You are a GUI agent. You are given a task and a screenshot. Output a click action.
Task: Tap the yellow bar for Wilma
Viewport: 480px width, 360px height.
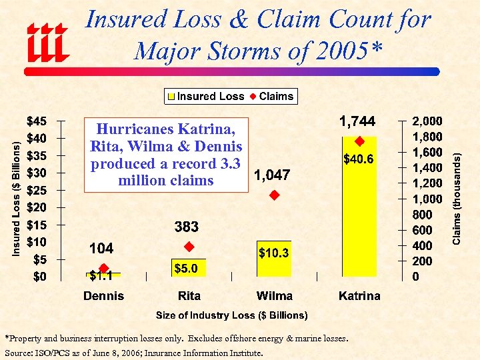click(274, 260)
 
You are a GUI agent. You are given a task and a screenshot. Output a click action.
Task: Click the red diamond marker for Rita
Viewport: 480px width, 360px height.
click(189, 246)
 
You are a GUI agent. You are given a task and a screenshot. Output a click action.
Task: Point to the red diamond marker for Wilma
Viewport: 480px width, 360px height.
click(273, 195)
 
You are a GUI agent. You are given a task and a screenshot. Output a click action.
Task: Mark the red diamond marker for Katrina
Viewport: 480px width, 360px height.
click(359, 141)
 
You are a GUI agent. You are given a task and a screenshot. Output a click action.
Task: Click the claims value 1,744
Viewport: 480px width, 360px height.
click(358, 121)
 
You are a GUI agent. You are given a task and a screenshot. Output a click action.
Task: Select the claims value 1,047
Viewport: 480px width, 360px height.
click(271, 175)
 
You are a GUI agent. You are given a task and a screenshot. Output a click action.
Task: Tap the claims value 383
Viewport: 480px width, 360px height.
click(187, 227)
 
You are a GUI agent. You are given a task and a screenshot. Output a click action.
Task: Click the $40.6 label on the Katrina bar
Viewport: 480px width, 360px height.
click(359, 159)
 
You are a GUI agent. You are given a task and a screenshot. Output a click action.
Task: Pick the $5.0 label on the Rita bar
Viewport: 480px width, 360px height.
click(186, 268)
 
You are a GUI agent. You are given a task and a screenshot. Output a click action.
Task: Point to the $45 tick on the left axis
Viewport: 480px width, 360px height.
click(36, 121)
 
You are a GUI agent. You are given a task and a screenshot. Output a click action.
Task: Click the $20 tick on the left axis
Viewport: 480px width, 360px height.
click(36, 207)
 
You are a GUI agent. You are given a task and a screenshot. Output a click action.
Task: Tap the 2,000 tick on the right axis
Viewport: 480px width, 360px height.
click(427, 121)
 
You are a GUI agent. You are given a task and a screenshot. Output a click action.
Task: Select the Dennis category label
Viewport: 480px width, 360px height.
click(103, 295)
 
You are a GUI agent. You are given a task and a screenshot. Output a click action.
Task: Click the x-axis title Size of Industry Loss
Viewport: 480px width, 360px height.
click(231, 315)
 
